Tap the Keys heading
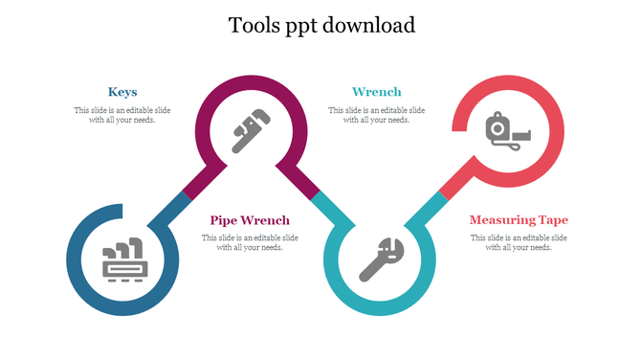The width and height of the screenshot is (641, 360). point(122,92)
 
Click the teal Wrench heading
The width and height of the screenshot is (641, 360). point(377,92)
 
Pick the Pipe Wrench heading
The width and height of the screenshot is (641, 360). point(250,220)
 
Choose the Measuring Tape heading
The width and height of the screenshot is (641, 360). point(519,220)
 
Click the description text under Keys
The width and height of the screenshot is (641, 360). point(122,115)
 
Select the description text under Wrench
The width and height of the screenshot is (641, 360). point(377,115)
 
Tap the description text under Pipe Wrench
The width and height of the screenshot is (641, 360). point(250,242)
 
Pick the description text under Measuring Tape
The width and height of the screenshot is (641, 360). point(519,242)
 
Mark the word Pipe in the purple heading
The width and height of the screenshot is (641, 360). point(224,220)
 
